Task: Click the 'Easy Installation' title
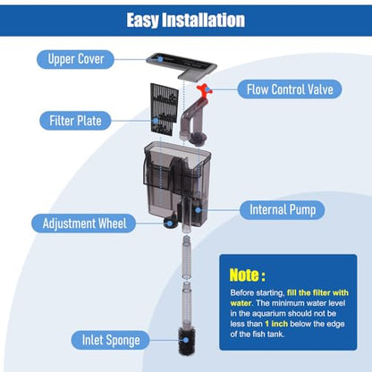tap(186, 21)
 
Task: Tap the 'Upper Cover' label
tap(75, 59)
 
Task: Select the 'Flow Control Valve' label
tap(290, 89)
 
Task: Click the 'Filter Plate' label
tap(75, 121)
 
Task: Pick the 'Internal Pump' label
tap(283, 210)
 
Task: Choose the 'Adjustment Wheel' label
tap(84, 224)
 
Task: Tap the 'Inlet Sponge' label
tap(111, 340)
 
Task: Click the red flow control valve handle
tap(204, 90)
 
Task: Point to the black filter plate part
tap(164, 110)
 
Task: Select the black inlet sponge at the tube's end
tap(187, 341)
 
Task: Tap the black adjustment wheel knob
tap(169, 223)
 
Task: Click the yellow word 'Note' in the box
tap(245, 275)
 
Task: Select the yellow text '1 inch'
tap(276, 324)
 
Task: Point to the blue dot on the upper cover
tap(160, 59)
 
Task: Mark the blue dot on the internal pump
tap(199, 210)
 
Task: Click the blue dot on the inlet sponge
tap(186, 340)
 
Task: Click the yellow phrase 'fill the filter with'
tap(317, 292)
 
